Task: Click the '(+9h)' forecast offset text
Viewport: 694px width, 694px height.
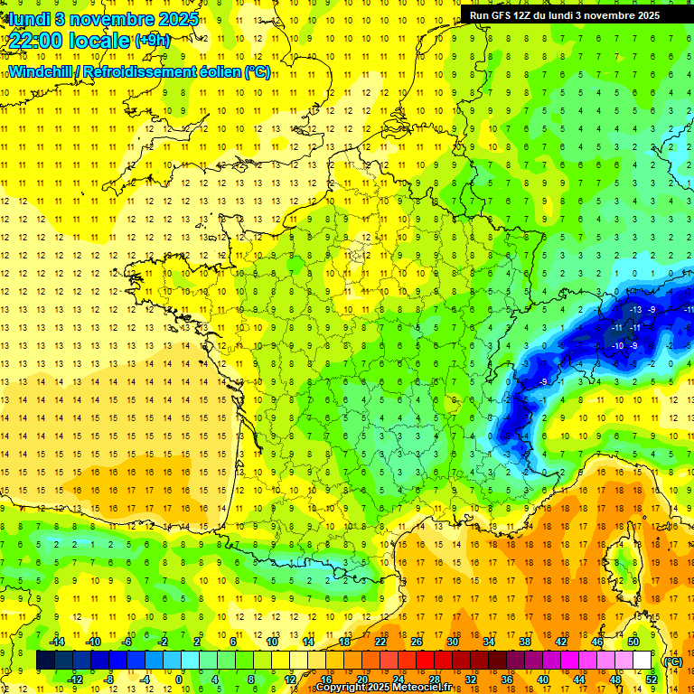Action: pyautogui.click(x=151, y=41)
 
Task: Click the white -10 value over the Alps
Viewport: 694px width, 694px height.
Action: pyautogui.click(x=618, y=346)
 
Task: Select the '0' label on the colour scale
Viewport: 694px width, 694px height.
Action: pyautogui.click(x=179, y=679)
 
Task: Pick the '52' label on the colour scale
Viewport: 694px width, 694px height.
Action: pyautogui.click(x=652, y=679)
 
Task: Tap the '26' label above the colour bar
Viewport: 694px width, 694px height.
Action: pyautogui.click(x=417, y=642)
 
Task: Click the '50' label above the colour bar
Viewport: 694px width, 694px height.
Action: pyautogui.click(x=633, y=642)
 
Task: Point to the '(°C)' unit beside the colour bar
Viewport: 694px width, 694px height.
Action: pyautogui.click(x=673, y=661)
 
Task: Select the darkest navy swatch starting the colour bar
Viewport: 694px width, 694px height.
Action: pyautogui.click(x=46, y=661)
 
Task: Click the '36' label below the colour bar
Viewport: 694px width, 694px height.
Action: pyautogui.click(x=506, y=679)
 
